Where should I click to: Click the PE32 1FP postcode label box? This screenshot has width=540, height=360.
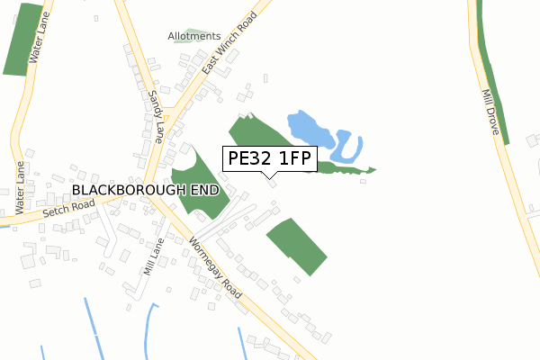point(269,158)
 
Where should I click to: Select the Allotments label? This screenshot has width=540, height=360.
point(193,36)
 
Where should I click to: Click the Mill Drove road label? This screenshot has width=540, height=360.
point(491,112)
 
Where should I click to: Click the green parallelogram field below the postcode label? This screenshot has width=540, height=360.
point(297,245)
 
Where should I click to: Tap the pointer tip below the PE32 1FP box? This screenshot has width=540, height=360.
point(269,176)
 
